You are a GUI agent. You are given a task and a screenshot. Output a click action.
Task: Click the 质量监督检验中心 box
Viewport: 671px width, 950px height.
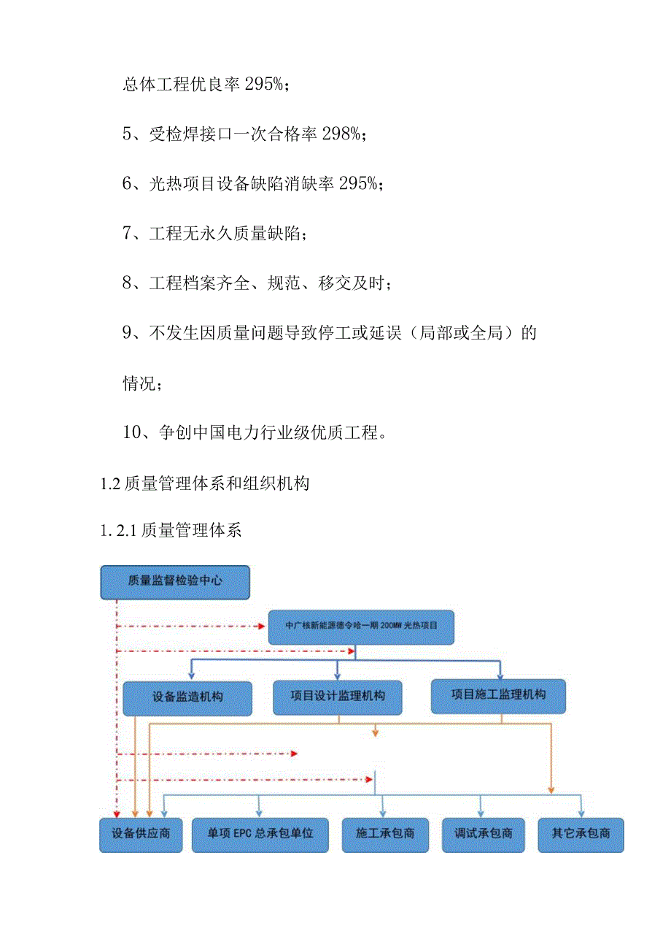(175, 581)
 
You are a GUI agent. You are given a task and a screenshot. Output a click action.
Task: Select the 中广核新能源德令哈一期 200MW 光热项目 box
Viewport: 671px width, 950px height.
(361, 627)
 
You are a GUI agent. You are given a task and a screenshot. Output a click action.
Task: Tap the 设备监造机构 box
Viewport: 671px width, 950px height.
(187, 697)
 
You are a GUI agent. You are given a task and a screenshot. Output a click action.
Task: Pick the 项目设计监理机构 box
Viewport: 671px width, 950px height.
(338, 696)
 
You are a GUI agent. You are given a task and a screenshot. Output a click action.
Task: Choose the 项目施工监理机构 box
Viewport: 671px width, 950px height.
(498, 694)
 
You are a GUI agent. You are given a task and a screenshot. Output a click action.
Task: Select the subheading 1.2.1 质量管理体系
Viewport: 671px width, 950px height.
(171, 531)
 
